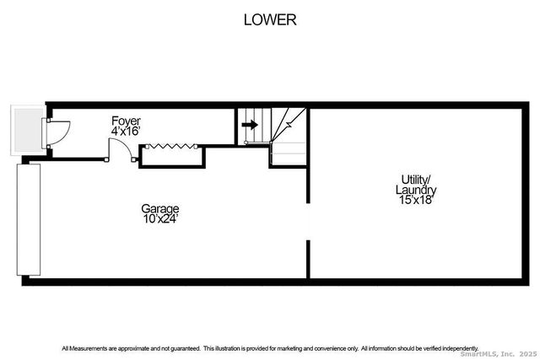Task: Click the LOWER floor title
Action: tap(270, 19)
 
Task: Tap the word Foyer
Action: tap(126, 121)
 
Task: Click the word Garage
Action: tap(159, 208)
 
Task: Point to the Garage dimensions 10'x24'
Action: tap(159, 219)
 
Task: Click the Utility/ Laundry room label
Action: tap(416, 184)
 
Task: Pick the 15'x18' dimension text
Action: tap(416, 201)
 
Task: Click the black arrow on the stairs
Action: tap(249, 125)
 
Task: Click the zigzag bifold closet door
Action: tap(172, 146)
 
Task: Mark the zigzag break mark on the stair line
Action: tap(289, 125)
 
